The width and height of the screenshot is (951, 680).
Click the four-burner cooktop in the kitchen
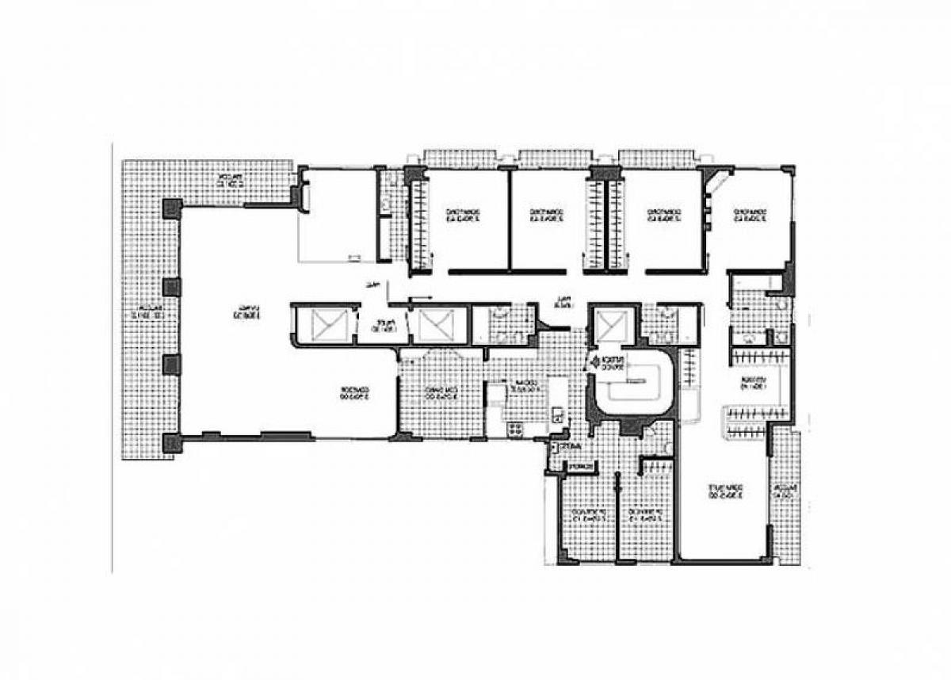pos(514,430)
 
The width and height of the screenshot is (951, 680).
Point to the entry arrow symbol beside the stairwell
pos(590,363)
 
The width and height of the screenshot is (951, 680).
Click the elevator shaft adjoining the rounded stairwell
pos(611,325)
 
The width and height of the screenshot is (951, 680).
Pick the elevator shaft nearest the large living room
pos(324,324)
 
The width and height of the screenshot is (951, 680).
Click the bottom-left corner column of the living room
pos(171,443)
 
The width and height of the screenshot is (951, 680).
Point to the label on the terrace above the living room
pos(231,179)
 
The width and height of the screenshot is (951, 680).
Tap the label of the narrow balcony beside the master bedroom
pos(785,491)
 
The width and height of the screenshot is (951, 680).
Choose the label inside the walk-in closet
pos(754,385)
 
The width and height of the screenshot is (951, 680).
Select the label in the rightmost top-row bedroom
pos(750,216)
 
